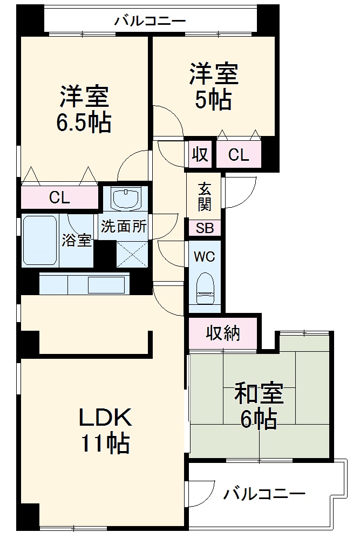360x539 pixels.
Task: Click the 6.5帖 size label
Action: point(84,123)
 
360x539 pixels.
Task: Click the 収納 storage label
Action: point(222,334)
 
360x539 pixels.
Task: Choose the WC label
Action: point(205,257)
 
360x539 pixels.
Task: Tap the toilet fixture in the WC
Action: point(205,288)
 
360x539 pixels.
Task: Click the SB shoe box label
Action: point(205,228)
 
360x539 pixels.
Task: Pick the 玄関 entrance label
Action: point(205,196)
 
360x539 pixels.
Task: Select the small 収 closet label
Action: point(200,155)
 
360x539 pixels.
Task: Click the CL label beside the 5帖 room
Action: point(238,155)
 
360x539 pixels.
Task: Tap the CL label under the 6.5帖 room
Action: point(59,197)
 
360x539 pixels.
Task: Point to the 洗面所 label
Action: point(124,227)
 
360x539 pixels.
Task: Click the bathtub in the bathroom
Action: point(40,241)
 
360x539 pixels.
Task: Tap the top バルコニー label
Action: point(150,21)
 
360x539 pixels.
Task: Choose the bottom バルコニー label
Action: point(264,493)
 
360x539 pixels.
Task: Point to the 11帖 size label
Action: point(105,444)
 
